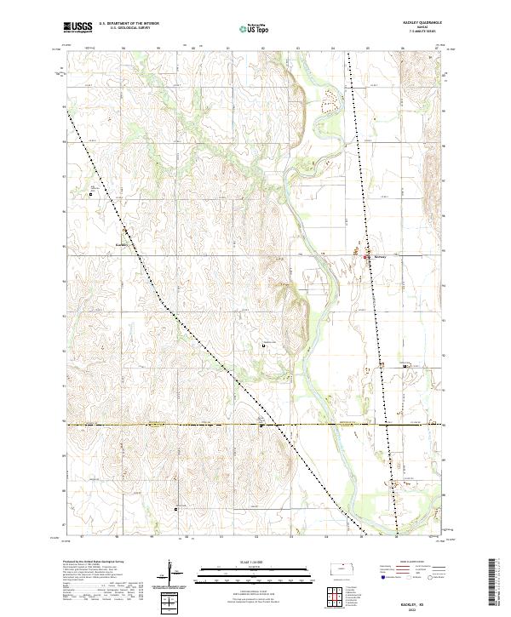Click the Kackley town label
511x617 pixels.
[120, 244]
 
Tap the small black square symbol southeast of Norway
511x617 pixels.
[405, 365]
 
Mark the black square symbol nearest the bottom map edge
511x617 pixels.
[175, 509]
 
